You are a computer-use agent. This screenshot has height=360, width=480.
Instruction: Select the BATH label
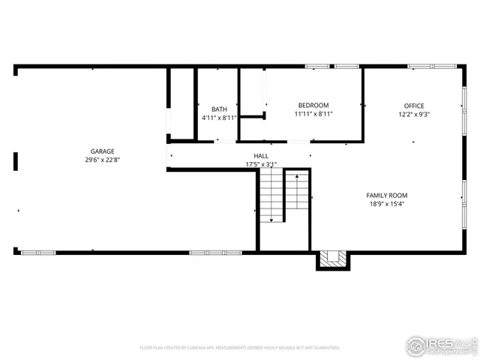point(218,109)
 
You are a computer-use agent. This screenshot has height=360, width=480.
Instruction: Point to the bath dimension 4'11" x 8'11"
point(218,118)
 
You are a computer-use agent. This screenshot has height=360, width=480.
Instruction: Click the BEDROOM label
point(313,106)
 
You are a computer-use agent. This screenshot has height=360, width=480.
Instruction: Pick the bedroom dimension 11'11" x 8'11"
point(313,114)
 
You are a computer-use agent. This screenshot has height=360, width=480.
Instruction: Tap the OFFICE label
point(413,106)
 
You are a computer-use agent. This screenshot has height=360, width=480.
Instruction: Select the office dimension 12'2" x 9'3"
point(413,115)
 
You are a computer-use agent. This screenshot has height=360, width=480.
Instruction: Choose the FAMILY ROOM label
point(387,195)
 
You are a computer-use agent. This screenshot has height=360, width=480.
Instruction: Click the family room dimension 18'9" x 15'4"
point(387,204)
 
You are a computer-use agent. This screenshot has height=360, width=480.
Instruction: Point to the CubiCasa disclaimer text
point(239,348)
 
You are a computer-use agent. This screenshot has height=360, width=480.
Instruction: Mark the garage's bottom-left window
point(38,253)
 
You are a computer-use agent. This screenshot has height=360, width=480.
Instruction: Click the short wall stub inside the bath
point(252,116)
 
